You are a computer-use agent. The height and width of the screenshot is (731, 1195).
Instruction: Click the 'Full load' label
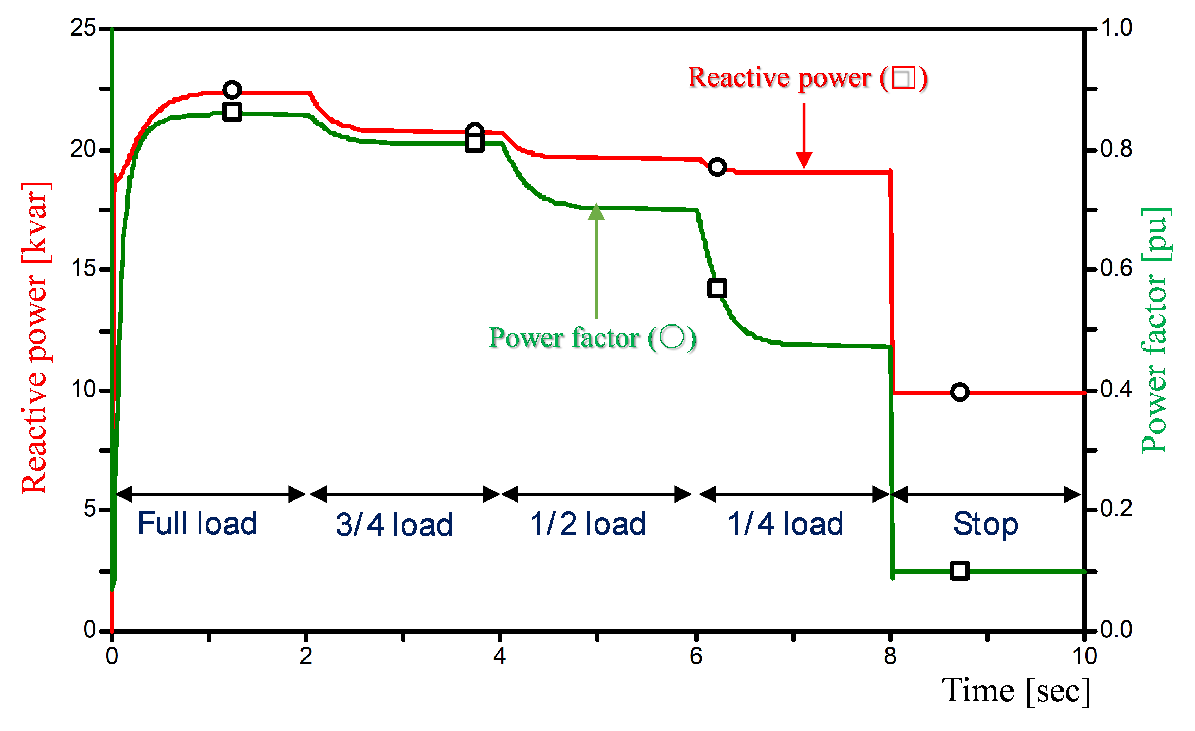197,524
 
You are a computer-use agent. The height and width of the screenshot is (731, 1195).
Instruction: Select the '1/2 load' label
588,524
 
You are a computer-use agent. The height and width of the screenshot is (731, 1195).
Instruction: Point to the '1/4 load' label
786,524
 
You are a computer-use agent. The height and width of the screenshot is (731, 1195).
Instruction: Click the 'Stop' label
985,524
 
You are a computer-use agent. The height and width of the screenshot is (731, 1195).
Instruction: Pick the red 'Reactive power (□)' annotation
808,77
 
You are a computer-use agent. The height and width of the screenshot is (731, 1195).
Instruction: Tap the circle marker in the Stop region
960,392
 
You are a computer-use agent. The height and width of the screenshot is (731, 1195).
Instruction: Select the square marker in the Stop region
960,571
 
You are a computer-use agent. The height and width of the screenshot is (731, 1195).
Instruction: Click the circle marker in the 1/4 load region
717,167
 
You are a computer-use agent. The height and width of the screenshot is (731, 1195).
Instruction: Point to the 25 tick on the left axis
83,28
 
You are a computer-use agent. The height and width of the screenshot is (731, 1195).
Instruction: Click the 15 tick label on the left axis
83,268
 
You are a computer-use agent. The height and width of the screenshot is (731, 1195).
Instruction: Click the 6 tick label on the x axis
696,656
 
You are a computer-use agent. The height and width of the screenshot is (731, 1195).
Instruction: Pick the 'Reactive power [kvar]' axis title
35,338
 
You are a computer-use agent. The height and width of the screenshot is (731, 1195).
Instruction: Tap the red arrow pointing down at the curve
804,136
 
